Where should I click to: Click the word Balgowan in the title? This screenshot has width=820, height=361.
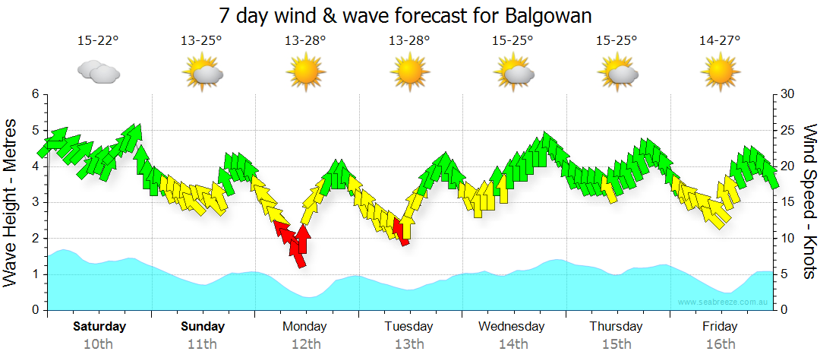point(546,15)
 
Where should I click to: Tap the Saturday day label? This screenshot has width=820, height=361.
point(99,327)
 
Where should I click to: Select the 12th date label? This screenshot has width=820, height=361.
point(305,344)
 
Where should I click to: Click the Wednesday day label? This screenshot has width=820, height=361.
point(512,327)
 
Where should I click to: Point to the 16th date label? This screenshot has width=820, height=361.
point(719,344)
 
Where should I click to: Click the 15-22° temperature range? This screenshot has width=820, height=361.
point(99,40)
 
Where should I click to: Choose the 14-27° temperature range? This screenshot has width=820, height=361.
point(720,40)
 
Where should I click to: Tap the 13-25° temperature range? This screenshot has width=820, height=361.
point(201,40)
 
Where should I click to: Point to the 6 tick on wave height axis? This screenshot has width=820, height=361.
point(34,94)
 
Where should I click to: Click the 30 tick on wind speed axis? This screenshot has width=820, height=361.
point(787,94)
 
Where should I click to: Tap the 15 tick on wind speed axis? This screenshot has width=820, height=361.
point(787,202)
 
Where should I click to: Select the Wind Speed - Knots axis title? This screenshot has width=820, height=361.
point(809,202)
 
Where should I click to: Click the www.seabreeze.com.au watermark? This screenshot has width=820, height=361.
point(725,302)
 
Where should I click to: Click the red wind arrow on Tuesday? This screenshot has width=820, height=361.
point(401,233)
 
